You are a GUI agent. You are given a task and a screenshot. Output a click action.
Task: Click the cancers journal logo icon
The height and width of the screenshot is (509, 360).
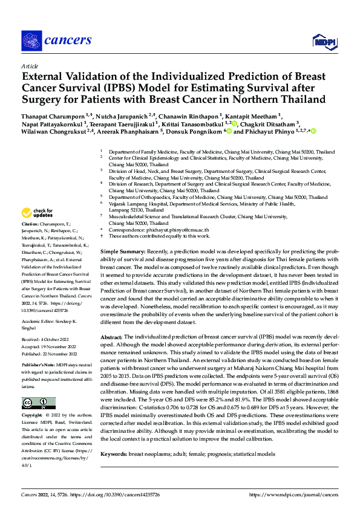pos(30,41)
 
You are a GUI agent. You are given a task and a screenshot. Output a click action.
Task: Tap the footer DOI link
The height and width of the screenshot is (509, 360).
pos(114,495)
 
